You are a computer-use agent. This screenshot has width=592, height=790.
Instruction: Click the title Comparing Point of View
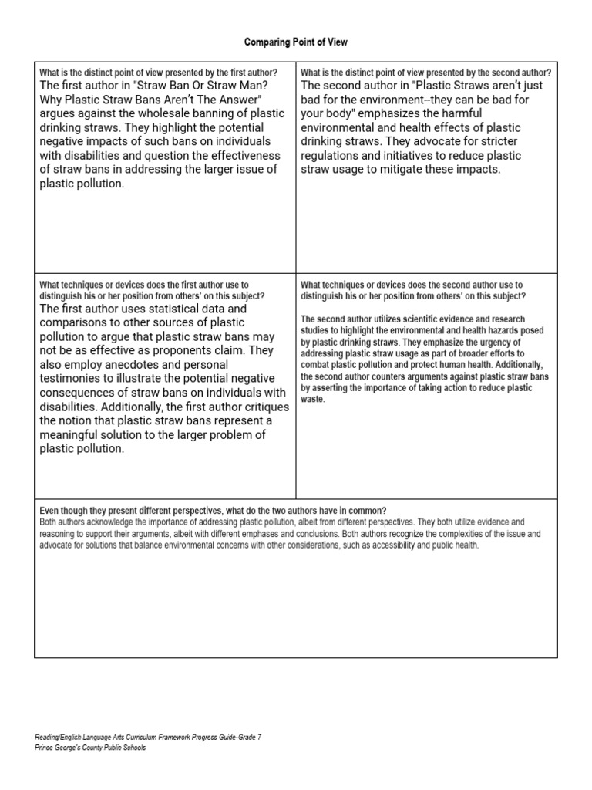point(296,42)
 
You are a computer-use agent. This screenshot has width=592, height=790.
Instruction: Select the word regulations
point(331,156)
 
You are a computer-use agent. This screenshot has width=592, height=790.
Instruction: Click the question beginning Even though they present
point(213,511)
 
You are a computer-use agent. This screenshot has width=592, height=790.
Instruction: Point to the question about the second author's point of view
point(426,73)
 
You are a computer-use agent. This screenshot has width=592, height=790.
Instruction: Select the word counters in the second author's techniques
point(375,376)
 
